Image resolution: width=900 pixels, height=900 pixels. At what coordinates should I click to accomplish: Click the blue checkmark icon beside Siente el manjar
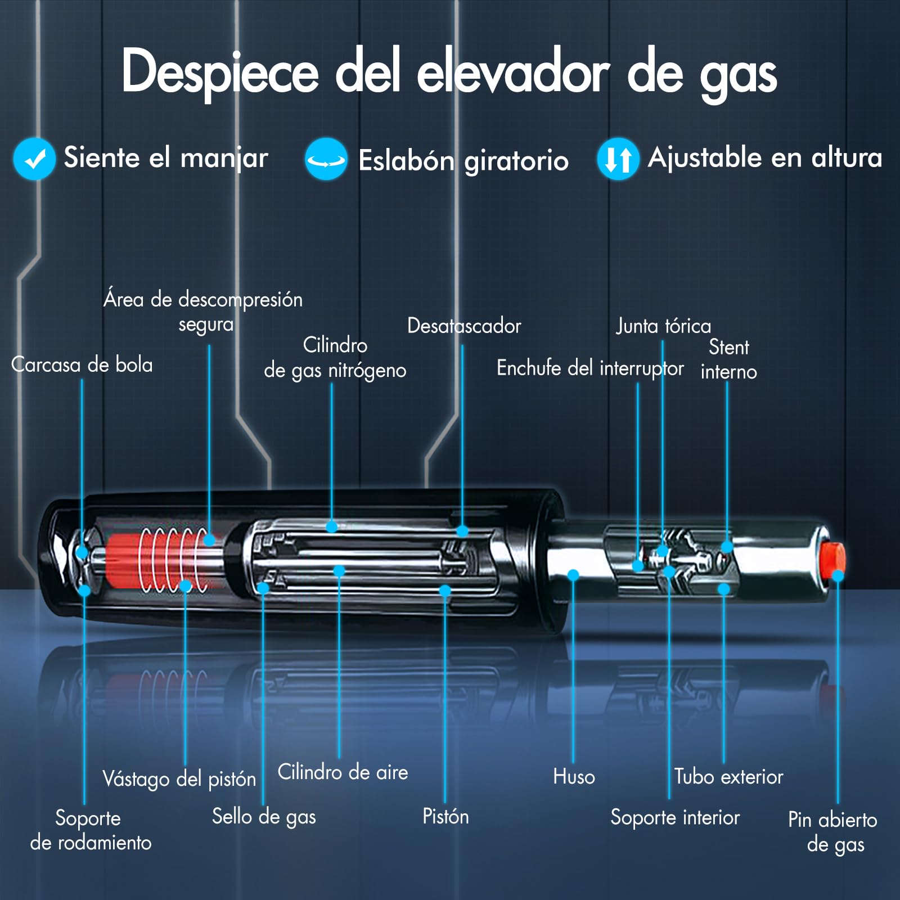(34, 159)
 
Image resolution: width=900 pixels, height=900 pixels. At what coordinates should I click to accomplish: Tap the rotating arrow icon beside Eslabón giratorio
(326, 159)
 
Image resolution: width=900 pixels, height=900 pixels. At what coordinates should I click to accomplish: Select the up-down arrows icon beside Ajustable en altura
(618, 159)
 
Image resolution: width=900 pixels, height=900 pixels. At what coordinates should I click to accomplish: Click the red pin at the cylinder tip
(832, 560)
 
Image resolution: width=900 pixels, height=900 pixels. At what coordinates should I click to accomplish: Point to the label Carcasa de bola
(82, 364)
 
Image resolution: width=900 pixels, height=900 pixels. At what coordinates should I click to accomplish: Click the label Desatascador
(464, 326)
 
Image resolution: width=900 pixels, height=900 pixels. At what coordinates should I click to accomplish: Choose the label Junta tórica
(663, 326)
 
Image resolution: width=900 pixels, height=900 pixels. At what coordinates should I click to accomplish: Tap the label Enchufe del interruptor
(590, 368)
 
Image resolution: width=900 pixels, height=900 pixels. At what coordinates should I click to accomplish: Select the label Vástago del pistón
(179, 779)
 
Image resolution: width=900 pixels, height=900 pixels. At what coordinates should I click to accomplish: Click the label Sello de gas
(264, 817)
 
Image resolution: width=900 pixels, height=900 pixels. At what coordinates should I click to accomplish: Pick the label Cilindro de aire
(343, 772)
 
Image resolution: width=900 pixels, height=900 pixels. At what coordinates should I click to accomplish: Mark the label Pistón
(445, 816)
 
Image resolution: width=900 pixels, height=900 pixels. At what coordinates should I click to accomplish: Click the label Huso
(574, 777)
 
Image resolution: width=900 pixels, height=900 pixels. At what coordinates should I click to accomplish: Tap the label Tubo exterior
(729, 777)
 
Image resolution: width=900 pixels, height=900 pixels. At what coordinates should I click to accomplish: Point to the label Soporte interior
(675, 817)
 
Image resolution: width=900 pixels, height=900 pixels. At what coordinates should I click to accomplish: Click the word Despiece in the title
(220, 72)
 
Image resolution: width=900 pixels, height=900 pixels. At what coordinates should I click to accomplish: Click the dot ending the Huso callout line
(573, 575)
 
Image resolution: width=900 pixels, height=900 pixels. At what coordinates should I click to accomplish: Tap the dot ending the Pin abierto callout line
(838, 576)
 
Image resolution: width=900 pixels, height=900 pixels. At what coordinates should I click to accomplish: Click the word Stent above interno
(729, 347)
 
